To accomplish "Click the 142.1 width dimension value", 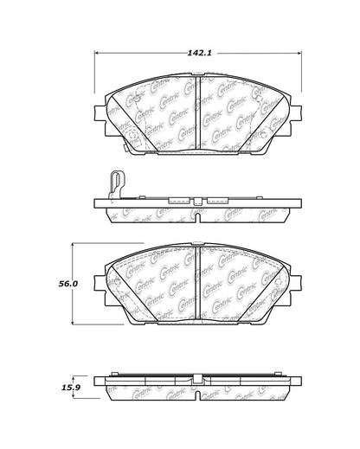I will (196, 53).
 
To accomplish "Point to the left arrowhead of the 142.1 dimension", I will (97, 53).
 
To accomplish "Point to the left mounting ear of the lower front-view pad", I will (100, 282).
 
